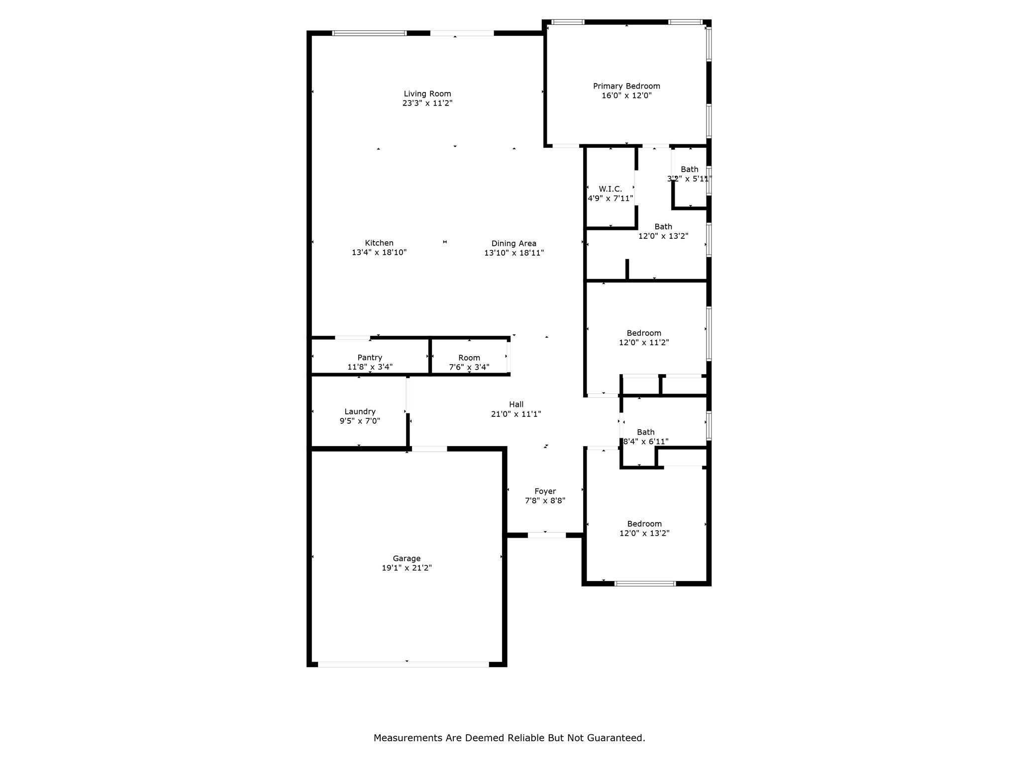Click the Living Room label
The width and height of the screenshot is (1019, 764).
pyautogui.click(x=427, y=94)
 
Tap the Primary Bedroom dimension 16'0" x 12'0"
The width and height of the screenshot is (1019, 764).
pyautogui.click(x=626, y=95)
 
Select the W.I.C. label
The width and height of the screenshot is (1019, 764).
pyautogui.click(x=610, y=189)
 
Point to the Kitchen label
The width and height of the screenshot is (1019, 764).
pyautogui.click(x=379, y=243)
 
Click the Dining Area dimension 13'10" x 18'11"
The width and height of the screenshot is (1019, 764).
pyautogui.click(x=514, y=253)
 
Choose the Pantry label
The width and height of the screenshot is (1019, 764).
pyautogui.click(x=370, y=358)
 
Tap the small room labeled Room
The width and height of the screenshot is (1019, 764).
pyautogui.click(x=469, y=358)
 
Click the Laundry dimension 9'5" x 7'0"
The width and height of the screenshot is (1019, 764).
pyautogui.click(x=360, y=421)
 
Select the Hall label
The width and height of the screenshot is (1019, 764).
pyautogui.click(x=516, y=404)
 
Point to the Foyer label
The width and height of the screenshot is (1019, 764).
pyautogui.click(x=545, y=491)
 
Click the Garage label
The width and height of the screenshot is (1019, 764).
pyautogui.click(x=407, y=559)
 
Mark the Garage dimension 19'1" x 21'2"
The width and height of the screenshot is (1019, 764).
pyautogui.click(x=407, y=568)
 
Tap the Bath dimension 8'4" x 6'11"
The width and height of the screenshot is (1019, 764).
pyautogui.click(x=646, y=442)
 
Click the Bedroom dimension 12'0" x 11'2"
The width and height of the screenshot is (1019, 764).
pyautogui.click(x=644, y=343)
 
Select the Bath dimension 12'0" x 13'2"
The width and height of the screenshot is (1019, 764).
pyautogui.click(x=663, y=236)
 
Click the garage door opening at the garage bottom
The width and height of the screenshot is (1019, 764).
pyautogui.click(x=404, y=664)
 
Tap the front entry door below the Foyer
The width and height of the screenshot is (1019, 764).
pyautogui.click(x=546, y=535)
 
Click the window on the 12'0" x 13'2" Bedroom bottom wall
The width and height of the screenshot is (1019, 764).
pyautogui.click(x=645, y=583)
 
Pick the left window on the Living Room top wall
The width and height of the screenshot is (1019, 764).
pyautogui.click(x=369, y=33)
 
